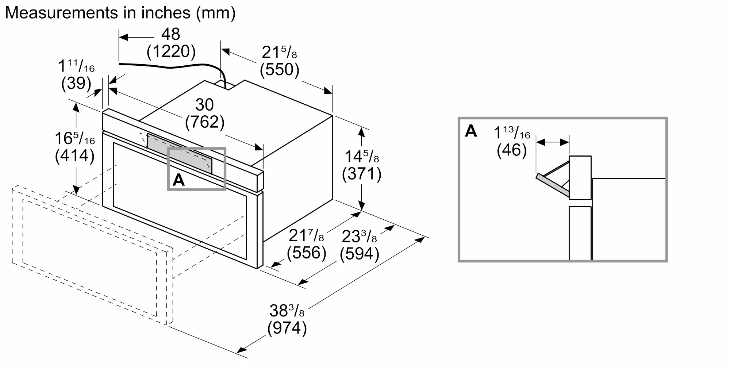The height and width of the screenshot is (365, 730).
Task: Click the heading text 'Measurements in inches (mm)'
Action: pos(120,13)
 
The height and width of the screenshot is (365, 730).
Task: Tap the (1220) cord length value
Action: pos(171,51)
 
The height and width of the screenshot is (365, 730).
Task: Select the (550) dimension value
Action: pos(280,69)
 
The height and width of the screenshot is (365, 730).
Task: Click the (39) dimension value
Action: pos(76,83)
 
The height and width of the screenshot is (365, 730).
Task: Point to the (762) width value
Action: pos(204,122)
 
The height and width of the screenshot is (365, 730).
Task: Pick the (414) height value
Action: pos(75,156)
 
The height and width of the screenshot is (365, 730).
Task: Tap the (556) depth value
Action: pos(307,253)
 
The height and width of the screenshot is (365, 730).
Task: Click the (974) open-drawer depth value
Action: pos(287,328)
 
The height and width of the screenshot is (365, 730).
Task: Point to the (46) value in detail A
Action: pos(512,150)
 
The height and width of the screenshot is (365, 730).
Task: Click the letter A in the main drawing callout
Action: pos(178,180)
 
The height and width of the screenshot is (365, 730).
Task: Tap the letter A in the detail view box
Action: pos(471,131)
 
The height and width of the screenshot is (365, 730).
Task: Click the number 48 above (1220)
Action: pos(171,34)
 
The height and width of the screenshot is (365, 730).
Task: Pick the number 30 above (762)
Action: pos(204,105)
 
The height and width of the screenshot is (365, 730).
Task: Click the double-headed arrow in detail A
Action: pos(553,142)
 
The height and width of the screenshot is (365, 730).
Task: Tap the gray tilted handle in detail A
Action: pos(552,184)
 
